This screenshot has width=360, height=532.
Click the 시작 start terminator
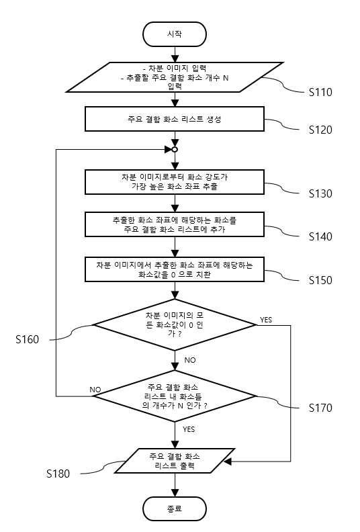(175, 34)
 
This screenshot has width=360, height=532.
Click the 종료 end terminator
(175, 508)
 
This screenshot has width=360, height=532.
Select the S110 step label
(320, 92)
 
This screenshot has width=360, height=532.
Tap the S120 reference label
(320, 130)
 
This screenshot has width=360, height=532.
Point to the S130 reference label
(320, 193)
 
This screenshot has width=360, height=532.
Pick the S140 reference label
(320, 236)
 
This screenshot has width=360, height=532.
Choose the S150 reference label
(320, 280)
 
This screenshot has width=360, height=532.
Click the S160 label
(27, 339)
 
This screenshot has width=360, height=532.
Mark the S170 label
(320, 408)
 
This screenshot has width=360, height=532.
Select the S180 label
(58, 474)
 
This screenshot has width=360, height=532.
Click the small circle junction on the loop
(175, 150)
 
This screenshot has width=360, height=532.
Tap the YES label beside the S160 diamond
(266, 320)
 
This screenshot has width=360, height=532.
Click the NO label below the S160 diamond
(190, 360)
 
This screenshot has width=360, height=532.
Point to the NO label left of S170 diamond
(95, 390)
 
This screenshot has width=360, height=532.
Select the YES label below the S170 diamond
(189, 429)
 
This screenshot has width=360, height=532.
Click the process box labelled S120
(175, 119)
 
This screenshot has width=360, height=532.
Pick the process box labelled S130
(175, 182)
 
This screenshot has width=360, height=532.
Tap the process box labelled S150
(175, 269)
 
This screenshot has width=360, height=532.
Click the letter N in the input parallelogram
(226, 78)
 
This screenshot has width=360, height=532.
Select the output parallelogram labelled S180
(175, 461)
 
